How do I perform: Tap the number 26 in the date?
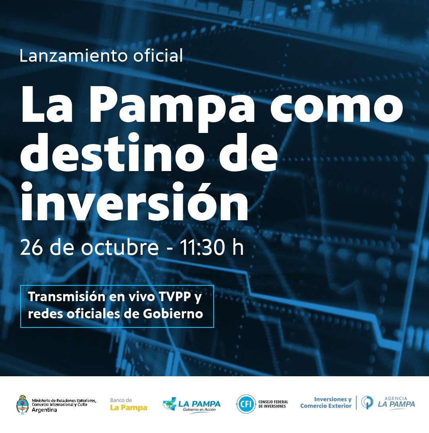[31, 247]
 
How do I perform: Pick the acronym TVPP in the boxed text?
[175, 296]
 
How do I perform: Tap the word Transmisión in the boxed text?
[67, 296]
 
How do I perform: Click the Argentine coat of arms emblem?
[22, 404]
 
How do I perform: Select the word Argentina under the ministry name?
[44, 410]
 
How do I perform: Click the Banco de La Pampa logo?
[129, 404]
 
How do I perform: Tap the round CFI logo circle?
[246, 404]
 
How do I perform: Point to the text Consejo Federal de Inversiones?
[273, 404]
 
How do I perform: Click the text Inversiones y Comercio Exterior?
[326, 402]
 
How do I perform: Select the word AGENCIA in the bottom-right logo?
[396, 398]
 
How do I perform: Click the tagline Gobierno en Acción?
[199, 410]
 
